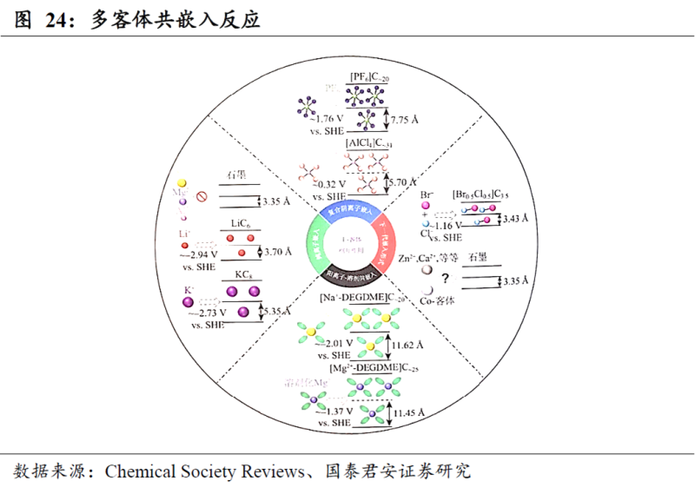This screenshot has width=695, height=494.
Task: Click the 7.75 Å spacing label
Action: [x=408, y=120]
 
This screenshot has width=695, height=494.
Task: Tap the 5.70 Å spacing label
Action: [x=404, y=183]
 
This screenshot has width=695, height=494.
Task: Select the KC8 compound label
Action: [x=242, y=275]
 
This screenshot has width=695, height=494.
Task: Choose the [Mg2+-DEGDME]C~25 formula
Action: [x=367, y=369]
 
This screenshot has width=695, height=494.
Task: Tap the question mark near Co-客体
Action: [x=445, y=278]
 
